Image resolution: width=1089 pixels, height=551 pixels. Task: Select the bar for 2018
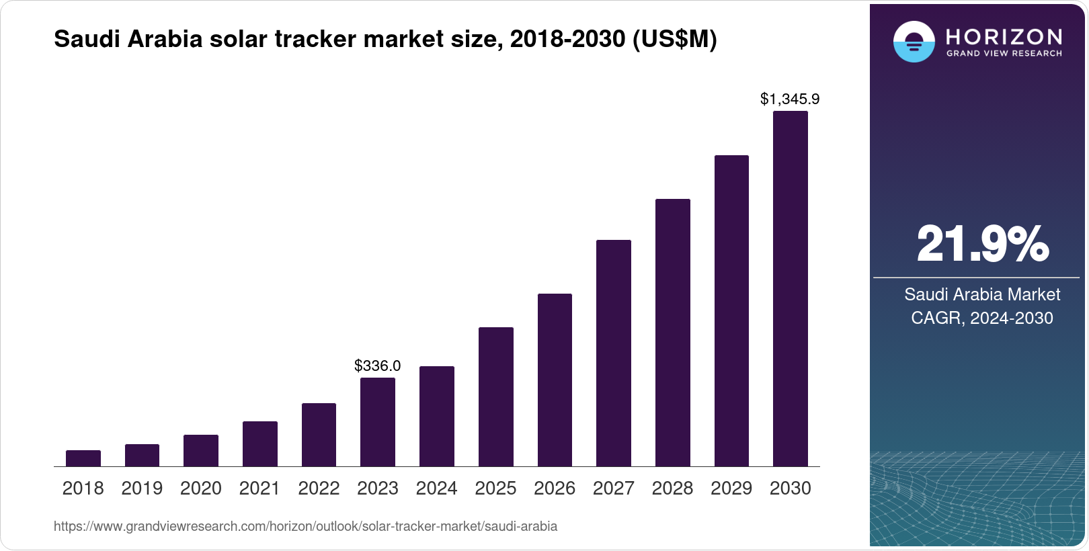pos(83,458)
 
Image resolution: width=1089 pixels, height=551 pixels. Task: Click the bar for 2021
pos(260,443)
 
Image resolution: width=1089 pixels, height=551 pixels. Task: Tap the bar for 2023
pos(378,422)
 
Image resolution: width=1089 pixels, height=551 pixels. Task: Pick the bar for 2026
pos(555,380)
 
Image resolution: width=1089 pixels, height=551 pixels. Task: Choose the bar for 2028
pos(672,333)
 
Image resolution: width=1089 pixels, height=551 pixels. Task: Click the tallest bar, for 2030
pos(791,289)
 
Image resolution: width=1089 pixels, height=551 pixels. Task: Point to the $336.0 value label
pos(378,366)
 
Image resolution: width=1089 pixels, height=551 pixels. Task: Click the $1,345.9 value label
pos(790,99)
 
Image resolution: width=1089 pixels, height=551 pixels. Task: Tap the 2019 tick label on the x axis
pos(142,489)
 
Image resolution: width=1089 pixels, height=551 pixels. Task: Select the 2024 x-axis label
pos(437,489)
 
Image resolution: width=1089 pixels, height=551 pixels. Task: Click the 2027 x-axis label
pos(614,489)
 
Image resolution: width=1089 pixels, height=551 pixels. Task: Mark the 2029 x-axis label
pos(731,489)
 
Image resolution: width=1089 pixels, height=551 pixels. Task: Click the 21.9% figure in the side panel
pos(982,244)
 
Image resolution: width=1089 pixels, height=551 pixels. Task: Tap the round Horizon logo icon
pos(914,42)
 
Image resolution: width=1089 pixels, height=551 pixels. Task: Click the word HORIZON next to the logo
pos(1004,36)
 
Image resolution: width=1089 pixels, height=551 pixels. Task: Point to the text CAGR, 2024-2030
pos(982,318)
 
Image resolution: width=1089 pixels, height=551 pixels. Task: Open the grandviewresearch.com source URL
pos(305,526)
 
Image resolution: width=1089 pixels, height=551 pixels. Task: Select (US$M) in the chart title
pos(674,39)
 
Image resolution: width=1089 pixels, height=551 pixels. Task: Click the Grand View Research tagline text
pos(1004,54)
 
